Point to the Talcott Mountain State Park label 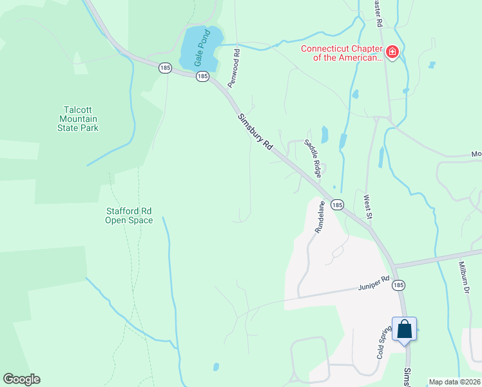(x=80, y=119)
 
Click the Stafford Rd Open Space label (x=129, y=215)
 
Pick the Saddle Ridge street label (x=313, y=158)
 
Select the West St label (x=368, y=206)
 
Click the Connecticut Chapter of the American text (x=342, y=53)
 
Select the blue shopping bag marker (x=404, y=330)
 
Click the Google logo (x=22, y=379)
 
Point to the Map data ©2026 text (x=454, y=382)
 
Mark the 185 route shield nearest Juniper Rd (x=399, y=284)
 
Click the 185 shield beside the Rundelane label (x=337, y=204)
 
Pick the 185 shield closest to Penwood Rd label (x=203, y=76)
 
